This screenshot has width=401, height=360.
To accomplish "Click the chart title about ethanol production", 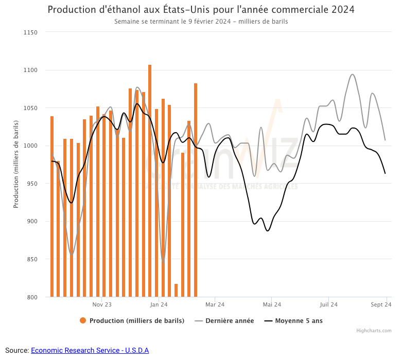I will (201, 10).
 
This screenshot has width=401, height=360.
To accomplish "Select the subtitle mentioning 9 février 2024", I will (201, 22).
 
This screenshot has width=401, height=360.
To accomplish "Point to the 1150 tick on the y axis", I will (30, 32).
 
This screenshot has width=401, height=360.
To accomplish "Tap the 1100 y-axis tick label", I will (30, 70).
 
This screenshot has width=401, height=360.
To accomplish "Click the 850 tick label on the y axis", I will (32, 259).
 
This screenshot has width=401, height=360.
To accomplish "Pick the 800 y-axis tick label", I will (32, 297).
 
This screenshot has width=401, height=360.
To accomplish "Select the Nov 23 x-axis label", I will (101, 304).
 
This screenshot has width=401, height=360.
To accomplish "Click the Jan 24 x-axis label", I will (159, 304).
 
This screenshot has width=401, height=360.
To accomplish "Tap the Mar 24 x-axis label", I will (215, 304).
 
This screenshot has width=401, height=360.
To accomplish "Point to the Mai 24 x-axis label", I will (272, 304).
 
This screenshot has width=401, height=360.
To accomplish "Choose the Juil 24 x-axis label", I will (328, 304).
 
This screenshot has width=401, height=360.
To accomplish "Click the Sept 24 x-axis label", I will (381, 304).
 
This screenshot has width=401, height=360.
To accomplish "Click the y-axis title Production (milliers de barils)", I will (16, 165).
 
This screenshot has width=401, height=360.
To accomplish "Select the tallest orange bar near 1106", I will (150, 180).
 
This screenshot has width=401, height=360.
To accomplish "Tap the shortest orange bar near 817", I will (176, 291).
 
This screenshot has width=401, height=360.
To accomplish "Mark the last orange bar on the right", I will (196, 190).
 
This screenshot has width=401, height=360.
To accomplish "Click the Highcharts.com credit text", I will (374, 331).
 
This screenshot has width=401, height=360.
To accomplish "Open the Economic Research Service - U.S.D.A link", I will (90, 350).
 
